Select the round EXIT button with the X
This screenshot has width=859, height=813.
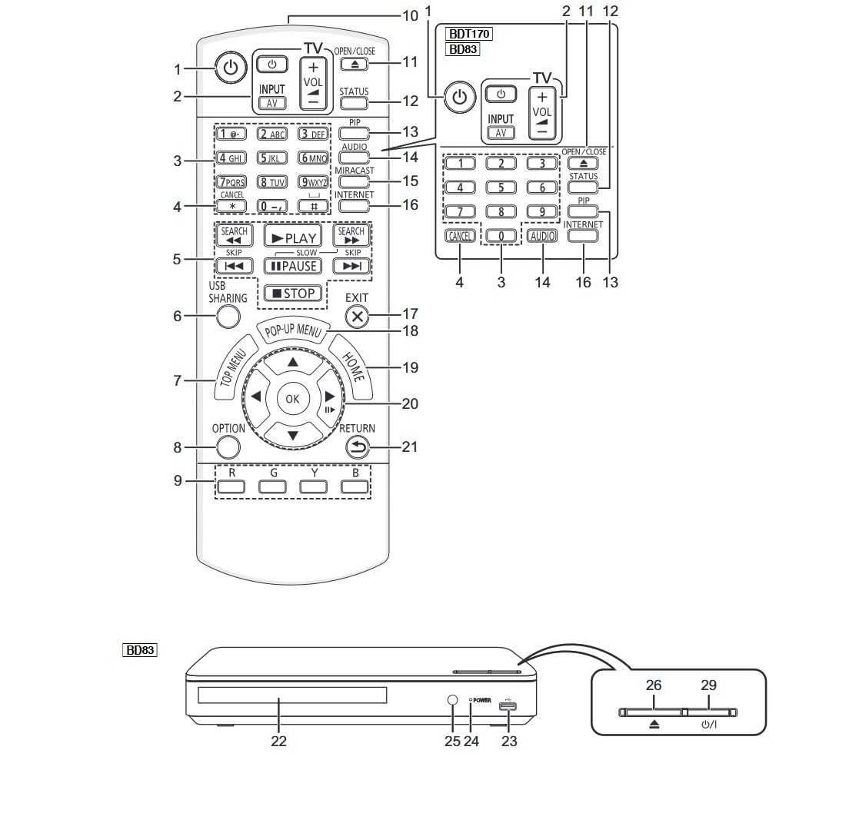click(357, 315)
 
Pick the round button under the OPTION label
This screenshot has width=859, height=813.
click(228, 447)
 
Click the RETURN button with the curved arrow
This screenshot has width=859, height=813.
click(357, 446)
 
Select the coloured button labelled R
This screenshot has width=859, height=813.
click(231, 486)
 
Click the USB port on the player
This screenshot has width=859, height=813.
click(508, 708)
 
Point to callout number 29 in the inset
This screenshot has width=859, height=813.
click(708, 685)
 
